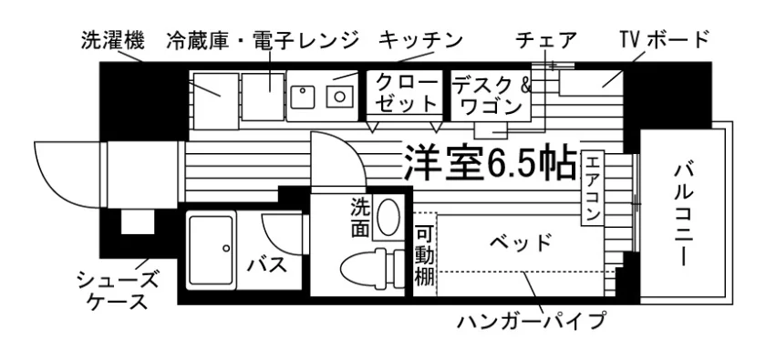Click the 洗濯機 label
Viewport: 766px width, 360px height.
pos(113,41)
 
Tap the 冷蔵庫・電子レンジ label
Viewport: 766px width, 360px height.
pos(263,41)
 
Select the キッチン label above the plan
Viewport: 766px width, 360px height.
pos(420,40)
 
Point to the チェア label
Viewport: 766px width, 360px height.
pos(547,40)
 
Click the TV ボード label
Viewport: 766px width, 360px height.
pos(664,40)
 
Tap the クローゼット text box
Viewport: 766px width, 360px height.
pos(404,94)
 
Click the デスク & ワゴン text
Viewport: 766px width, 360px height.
pos(491,96)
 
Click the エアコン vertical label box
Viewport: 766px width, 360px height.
pos(592,188)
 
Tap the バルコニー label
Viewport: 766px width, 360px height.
pos(685,215)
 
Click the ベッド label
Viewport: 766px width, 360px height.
pos(522,242)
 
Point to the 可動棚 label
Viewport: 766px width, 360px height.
pos(424,256)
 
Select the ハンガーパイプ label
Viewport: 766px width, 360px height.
pos(532,321)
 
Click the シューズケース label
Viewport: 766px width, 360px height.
pos(118,292)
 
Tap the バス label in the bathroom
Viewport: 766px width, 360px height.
pos(266,265)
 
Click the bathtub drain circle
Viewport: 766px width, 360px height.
pos(226,248)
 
